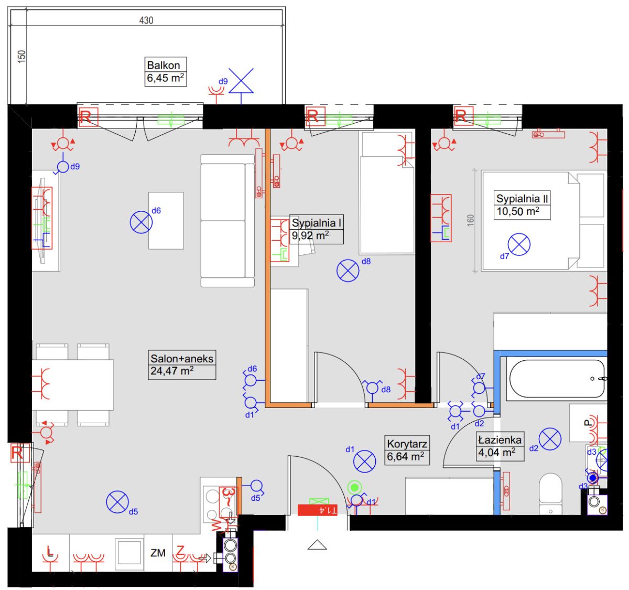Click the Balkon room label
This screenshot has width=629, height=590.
[163, 66]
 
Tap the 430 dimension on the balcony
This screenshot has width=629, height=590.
[146, 20]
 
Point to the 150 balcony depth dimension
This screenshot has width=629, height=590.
[21, 57]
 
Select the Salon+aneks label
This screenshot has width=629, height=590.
[182, 359]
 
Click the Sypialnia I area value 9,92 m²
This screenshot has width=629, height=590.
[310, 236]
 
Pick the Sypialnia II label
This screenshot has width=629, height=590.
[522, 198]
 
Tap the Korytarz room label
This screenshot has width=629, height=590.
[407, 444]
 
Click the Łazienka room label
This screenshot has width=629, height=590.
[500, 439]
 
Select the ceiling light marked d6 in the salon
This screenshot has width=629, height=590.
[141, 222]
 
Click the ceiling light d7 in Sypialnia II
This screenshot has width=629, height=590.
[519, 244]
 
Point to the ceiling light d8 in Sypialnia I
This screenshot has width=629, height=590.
[348, 271]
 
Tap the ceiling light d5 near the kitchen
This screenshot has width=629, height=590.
[117, 502]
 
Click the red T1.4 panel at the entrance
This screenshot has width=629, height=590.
[317, 510]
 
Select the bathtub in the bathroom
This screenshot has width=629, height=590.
[557, 378]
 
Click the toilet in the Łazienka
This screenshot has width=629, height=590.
[550, 494]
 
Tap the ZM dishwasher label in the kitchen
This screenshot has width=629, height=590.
[158, 553]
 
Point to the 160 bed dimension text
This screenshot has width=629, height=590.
[471, 220]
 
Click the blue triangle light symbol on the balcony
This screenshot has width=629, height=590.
[241, 81]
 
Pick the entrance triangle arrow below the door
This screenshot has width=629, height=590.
[317, 544]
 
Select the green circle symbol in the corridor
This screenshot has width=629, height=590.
[354, 487]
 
